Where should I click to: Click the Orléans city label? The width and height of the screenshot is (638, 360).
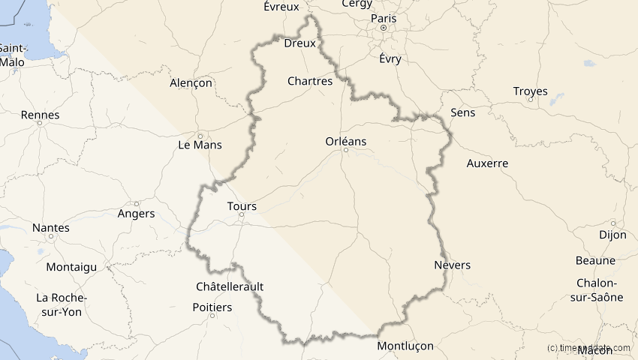pos(345,140)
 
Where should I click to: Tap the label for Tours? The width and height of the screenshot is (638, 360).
pos(241,205)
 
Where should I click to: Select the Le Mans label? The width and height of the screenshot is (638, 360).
pos(200,144)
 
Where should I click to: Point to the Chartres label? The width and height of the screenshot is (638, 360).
pos(310,81)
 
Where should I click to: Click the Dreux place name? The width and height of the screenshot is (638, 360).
pos(299,43)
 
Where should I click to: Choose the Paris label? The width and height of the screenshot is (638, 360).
pos(383,18)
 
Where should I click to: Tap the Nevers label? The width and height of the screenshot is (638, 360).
pos(453,265)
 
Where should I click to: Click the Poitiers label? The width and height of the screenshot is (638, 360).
pos(212,307)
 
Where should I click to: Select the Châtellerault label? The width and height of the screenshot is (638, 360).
pos(229,286)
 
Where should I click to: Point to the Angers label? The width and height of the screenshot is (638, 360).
pos(137,213)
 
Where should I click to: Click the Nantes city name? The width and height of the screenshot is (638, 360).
pos(51,227)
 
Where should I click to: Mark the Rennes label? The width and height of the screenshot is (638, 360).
pos(41,115)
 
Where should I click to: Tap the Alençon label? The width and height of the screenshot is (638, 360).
pos(191,82)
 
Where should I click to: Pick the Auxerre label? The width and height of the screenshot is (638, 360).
pos(487,163)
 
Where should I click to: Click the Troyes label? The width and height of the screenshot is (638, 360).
pos(530,91)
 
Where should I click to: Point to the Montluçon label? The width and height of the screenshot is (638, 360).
pos(405,346)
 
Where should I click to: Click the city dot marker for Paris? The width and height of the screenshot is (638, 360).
pos(383,28)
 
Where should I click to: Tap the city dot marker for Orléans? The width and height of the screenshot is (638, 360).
pos(345,150)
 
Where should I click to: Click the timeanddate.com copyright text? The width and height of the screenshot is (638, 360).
pos(590,348)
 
